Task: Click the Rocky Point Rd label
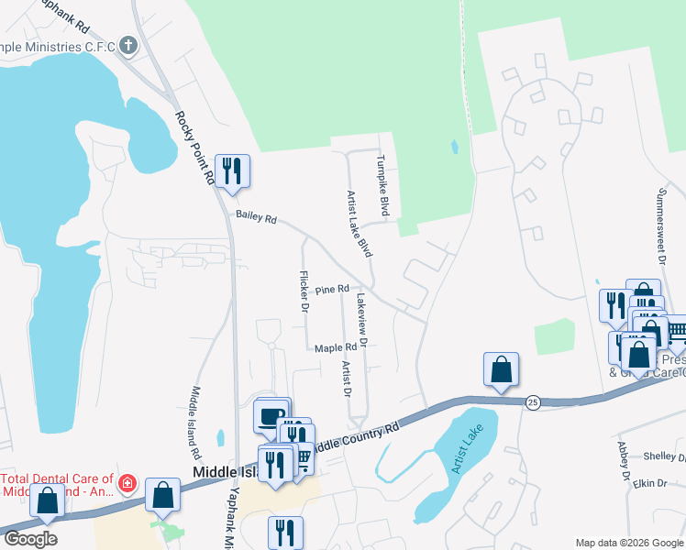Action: click(x=195, y=149)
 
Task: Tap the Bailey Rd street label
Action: click(x=256, y=217)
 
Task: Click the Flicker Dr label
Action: click(x=303, y=291)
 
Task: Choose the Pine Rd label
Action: click(x=333, y=290)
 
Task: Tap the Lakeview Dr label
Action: click(x=362, y=319)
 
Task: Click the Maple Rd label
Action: click(x=335, y=348)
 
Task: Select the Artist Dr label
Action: click(x=348, y=379)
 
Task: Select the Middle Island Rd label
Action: click(x=194, y=423)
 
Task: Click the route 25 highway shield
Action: click(x=532, y=402)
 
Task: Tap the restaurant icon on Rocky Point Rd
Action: click(x=231, y=170)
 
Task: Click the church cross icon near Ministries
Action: click(x=128, y=44)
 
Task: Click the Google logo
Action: click(x=30, y=540)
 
